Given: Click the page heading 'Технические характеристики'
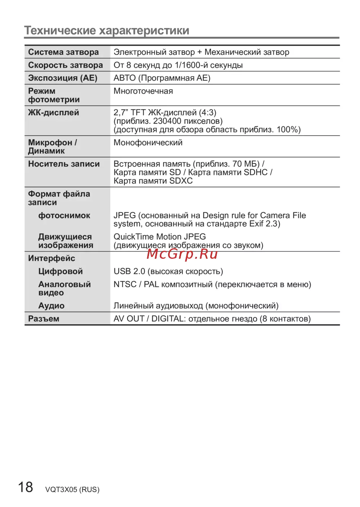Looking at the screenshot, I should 107,31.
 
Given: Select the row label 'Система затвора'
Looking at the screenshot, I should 63,52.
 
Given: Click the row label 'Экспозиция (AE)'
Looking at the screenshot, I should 63,78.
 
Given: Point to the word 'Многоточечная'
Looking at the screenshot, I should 143,91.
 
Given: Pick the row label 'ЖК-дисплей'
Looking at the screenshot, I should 54,113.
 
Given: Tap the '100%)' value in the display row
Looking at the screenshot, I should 288,130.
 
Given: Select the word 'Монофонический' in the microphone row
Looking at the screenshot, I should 148,142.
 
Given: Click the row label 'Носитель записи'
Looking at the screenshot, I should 64,164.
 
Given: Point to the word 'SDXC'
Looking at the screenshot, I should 181,181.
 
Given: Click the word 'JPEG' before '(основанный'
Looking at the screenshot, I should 125,216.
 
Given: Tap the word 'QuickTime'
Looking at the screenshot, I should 131,237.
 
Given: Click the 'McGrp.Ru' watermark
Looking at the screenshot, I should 182,254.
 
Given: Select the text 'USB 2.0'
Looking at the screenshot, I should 129,271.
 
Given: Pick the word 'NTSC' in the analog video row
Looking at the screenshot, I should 125,284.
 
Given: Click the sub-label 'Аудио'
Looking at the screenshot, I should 51,306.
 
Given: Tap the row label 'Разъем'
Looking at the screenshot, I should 44,319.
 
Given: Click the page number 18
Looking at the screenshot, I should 26,487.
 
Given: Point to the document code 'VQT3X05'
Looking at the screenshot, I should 61,490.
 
